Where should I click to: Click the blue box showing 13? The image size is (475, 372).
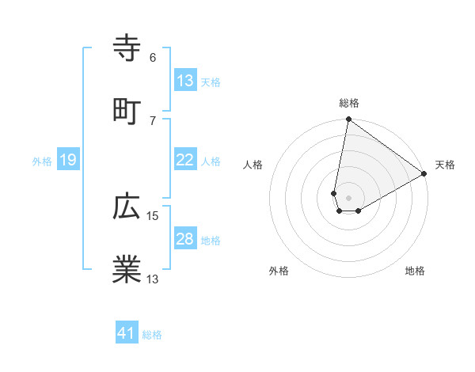[x=184, y=81]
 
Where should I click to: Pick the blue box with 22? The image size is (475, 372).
[x=184, y=160]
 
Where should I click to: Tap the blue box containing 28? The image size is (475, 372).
[x=184, y=239]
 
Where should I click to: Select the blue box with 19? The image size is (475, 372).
[x=67, y=161]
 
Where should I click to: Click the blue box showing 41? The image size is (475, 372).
[x=126, y=333]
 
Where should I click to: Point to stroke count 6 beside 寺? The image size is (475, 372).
[x=153, y=57]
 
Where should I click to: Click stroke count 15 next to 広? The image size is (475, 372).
[x=153, y=215]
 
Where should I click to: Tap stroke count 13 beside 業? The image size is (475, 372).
[x=153, y=279]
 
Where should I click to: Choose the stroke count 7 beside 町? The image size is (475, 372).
[x=153, y=120]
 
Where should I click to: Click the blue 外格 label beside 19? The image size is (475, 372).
[x=42, y=161]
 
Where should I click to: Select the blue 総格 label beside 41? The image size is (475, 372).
[x=152, y=335]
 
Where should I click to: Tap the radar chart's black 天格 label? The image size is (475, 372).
[x=445, y=165]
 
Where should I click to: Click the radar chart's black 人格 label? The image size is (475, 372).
[x=253, y=165]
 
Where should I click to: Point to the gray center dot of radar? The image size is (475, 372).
[x=348, y=198]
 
